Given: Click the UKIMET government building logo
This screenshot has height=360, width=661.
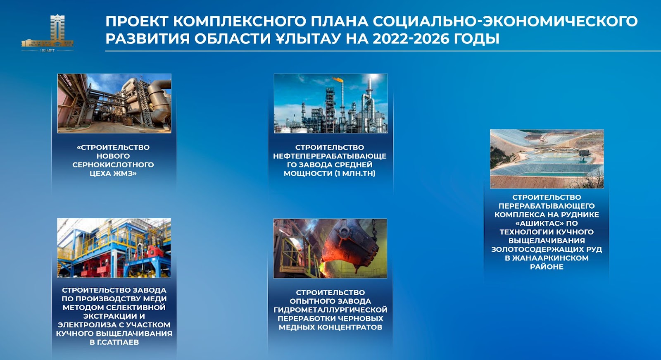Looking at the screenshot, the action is (48, 33).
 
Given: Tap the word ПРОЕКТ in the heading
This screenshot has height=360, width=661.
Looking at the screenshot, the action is (137, 21).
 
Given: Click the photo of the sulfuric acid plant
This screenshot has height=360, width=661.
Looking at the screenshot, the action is (114, 103).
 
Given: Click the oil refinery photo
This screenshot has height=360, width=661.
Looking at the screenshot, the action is (331, 103).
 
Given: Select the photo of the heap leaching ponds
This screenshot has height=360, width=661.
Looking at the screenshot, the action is (547, 159).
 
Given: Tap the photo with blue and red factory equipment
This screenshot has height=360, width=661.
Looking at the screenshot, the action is (114, 248).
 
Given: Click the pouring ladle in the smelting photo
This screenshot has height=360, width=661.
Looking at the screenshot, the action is (348, 247).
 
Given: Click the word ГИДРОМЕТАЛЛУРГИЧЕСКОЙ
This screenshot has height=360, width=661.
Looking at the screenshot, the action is (330, 310).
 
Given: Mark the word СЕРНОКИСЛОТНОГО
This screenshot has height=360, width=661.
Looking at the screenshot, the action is (113, 165).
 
